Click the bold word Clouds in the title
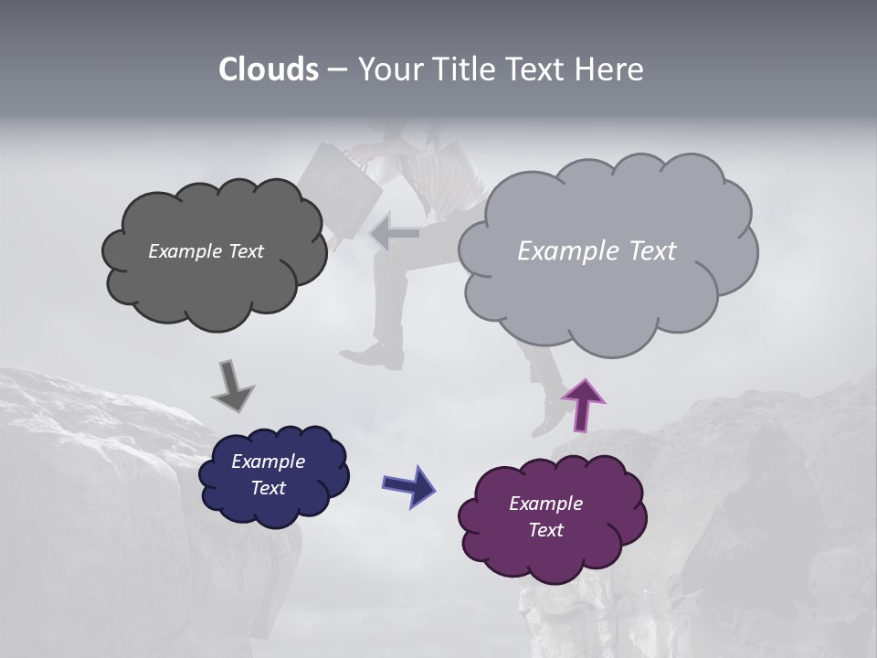pyautogui.click(x=268, y=69)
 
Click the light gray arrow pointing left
pyautogui.click(x=396, y=234)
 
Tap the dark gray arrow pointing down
pyautogui.click(x=232, y=386)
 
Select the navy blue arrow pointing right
pyautogui.click(x=408, y=484)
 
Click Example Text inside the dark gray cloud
pyautogui.click(x=206, y=251)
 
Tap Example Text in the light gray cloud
pyautogui.click(x=597, y=251)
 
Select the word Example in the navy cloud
pyautogui.click(x=268, y=462)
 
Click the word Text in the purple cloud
pyautogui.click(x=545, y=530)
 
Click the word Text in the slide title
pyautogui.click(x=536, y=69)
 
